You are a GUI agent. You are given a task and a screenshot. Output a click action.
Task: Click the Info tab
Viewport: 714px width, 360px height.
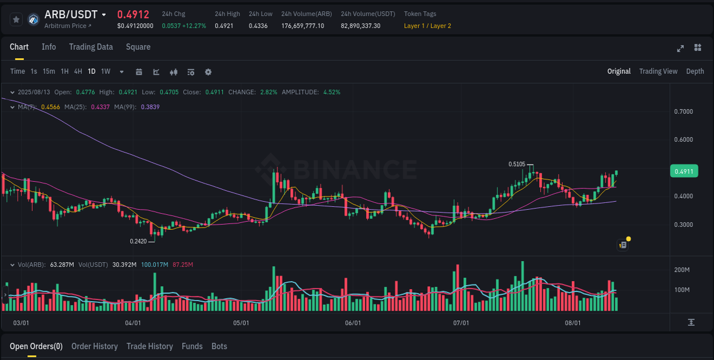pos(49,47)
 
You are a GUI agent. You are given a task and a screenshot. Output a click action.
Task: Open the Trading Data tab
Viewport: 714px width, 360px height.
pos(91,47)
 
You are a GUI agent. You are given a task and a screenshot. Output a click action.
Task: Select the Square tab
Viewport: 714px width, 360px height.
pos(138,47)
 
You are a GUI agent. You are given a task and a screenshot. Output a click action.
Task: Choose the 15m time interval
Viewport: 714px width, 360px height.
pos(49,71)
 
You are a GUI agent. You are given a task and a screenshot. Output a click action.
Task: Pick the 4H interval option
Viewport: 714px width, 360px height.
pos(78,71)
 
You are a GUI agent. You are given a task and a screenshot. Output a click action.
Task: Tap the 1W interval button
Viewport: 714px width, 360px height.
pos(106,71)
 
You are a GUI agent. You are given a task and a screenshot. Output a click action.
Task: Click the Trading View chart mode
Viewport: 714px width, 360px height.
pos(658,71)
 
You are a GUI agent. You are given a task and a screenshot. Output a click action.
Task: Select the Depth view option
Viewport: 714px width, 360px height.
pos(695,71)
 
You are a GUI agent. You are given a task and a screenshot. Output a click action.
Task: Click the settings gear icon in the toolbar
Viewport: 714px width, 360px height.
pos(208,72)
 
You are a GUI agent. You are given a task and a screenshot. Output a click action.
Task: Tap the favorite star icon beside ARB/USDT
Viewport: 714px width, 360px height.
pos(17,19)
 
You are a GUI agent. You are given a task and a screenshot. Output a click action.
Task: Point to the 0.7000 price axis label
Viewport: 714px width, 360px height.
pos(684,111)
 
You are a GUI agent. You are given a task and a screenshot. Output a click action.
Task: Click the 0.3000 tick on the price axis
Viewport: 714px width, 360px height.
pos(684,225)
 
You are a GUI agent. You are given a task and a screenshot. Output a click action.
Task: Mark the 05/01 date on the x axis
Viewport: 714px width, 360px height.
pos(241,323)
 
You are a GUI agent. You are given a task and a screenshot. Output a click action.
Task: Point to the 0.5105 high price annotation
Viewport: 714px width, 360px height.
pos(516,164)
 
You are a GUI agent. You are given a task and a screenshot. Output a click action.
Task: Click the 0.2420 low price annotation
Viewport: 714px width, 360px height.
pos(138,241)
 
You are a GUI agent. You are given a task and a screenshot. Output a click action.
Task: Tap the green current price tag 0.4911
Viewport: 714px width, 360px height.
pos(684,171)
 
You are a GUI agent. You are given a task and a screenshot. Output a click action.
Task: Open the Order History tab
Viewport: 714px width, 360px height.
pos(94,346)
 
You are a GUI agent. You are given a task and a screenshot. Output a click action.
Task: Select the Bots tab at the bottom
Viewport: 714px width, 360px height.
pos(219,346)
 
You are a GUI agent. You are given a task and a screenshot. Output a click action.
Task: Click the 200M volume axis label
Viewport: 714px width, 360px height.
pos(683,270)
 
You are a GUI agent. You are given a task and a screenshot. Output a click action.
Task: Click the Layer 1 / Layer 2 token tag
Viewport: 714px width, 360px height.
pos(427,26)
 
